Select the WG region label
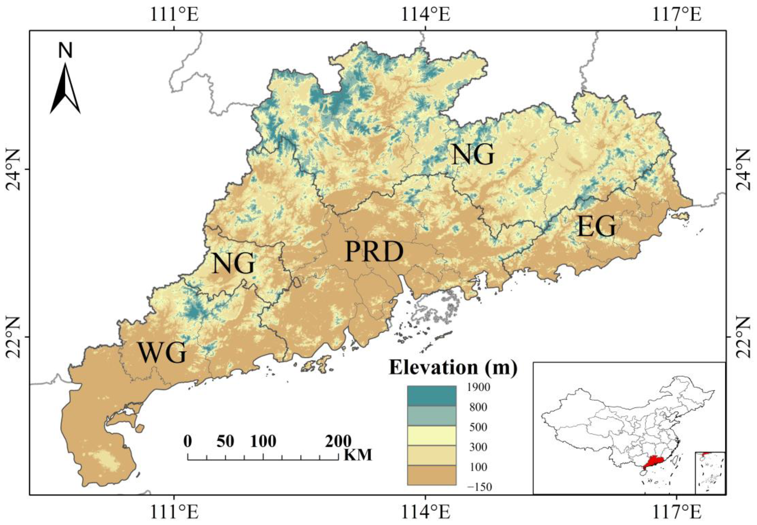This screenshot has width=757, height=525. [x=162, y=353]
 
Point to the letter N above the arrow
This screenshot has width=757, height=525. [x=65, y=51]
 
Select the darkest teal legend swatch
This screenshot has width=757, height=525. [x=431, y=396]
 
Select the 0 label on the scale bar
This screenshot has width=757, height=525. [x=188, y=441]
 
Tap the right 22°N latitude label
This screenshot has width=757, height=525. [x=745, y=337]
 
